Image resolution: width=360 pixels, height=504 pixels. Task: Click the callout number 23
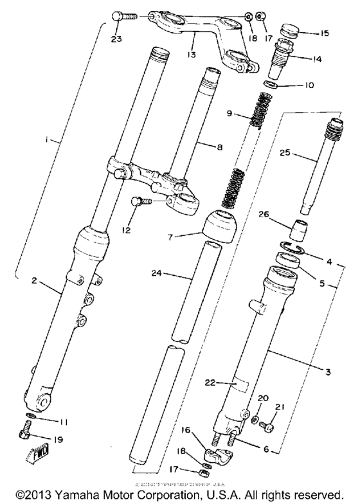point(116,37)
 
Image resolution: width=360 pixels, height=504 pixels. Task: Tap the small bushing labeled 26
point(297,228)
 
